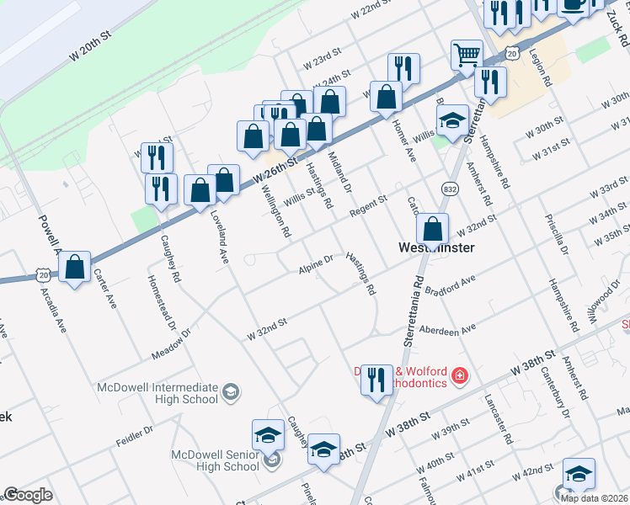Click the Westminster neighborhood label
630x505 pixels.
[x=435, y=248]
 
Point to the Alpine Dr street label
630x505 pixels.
[x=316, y=264]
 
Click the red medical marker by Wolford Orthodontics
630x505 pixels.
[x=460, y=375]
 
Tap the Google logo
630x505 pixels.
[x=28, y=495]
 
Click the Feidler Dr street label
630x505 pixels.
[x=135, y=435]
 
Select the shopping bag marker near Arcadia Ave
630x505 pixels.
[x=75, y=268]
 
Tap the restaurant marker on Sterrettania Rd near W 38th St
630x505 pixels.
[x=376, y=379]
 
